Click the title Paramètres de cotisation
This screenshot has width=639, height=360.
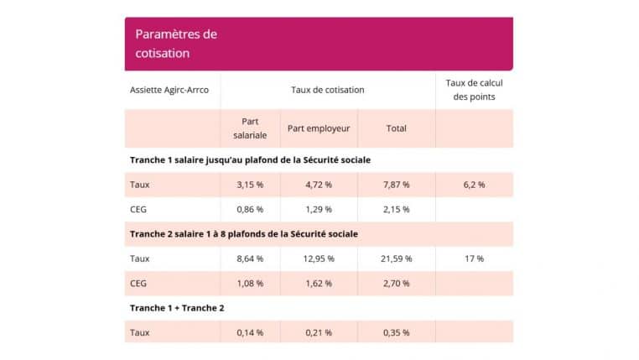(x=176, y=44)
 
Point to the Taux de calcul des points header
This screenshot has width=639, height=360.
(x=474, y=90)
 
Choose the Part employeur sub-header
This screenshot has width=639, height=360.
(x=318, y=128)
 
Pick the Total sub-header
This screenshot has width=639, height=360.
(x=396, y=128)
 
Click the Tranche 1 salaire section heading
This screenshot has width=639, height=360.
(x=250, y=159)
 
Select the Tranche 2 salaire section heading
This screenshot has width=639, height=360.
(x=243, y=233)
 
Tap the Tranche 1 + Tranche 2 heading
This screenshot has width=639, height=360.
(x=177, y=308)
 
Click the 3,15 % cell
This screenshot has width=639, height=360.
(x=250, y=185)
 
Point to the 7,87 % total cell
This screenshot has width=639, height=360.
(x=396, y=185)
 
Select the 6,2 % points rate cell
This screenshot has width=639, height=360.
(x=474, y=185)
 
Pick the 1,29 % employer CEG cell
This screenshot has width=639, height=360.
(x=318, y=209)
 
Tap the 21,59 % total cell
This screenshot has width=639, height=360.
(x=397, y=258)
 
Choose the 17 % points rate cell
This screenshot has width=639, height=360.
(x=474, y=258)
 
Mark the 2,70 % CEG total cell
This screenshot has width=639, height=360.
(x=396, y=284)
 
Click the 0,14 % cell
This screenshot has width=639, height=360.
(x=250, y=332)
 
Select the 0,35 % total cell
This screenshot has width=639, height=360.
(x=396, y=332)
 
